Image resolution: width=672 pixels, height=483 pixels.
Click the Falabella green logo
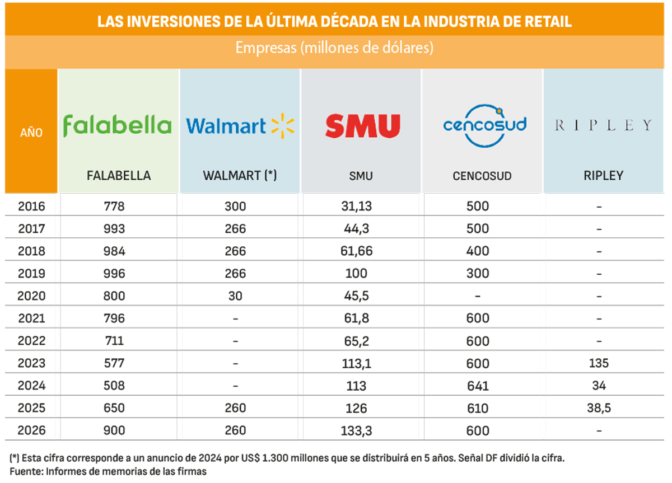(x=117, y=125)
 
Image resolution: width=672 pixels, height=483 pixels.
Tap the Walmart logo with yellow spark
(x=240, y=125)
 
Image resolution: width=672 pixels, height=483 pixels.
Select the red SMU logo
(x=363, y=126)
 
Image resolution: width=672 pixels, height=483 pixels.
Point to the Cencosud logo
(x=485, y=125)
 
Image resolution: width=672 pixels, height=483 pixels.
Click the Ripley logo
(x=604, y=125)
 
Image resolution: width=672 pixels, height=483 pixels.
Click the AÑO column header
(x=31, y=133)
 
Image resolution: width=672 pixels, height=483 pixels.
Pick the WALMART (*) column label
(x=240, y=176)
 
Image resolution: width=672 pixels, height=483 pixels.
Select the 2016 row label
(x=31, y=207)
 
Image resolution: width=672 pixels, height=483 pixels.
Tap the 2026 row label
(x=31, y=431)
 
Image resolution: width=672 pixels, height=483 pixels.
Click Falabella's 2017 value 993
(x=114, y=229)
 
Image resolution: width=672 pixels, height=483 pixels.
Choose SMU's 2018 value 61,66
(x=357, y=251)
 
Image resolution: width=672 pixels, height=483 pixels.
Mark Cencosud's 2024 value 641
(x=478, y=386)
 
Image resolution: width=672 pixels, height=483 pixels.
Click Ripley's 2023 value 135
(x=599, y=364)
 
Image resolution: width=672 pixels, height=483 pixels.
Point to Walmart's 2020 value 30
(x=235, y=296)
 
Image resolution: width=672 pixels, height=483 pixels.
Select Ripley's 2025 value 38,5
(x=599, y=409)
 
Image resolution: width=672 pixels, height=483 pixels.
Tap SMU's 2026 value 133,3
(x=357, y=431)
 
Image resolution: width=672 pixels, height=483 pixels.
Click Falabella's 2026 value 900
(x=114, y=431)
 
